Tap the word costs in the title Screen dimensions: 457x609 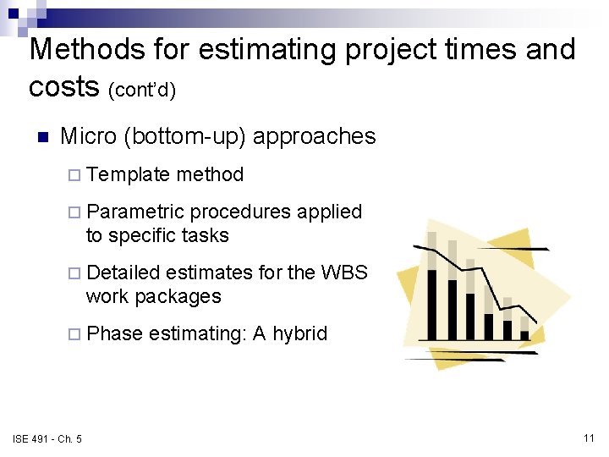(x=64, y=85)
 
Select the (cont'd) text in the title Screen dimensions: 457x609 (x=142, y=89)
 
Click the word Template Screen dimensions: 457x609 (x=128, y=175)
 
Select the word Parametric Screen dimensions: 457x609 (x=134, y=212)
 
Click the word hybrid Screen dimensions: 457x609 (x=299, y=333)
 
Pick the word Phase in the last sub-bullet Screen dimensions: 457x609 (x=114, y=333)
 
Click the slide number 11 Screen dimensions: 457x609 (x=590, y=438)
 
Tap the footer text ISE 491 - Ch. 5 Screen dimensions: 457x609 (x=47, y=438)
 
